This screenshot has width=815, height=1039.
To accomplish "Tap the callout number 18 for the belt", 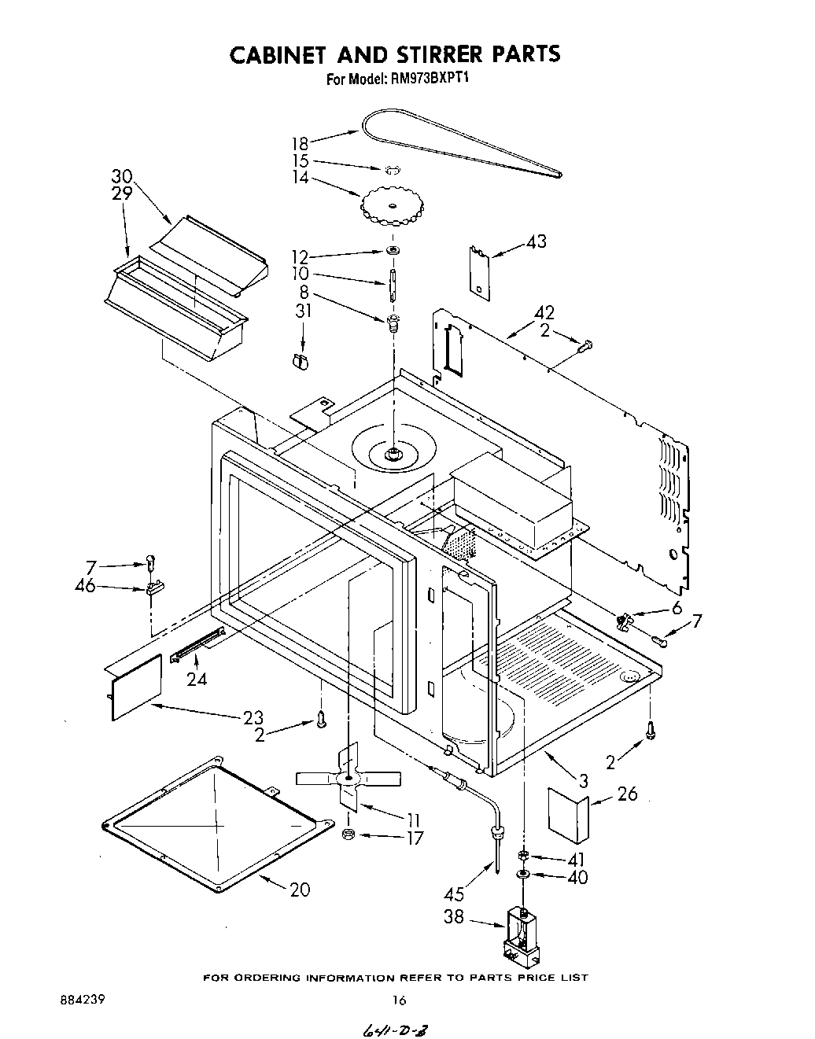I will [300, 143].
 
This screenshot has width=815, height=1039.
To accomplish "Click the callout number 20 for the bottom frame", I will [299, 890].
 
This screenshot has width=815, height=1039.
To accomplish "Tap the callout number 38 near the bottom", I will [454, 917].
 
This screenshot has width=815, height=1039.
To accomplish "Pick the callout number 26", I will [627, 794].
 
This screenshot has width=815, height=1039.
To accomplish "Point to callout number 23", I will [253, 717].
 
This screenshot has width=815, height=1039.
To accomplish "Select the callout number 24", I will [197, 678].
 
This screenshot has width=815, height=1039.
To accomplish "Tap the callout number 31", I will [304, 311].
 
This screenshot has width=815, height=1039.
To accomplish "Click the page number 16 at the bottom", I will [399, 1000].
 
